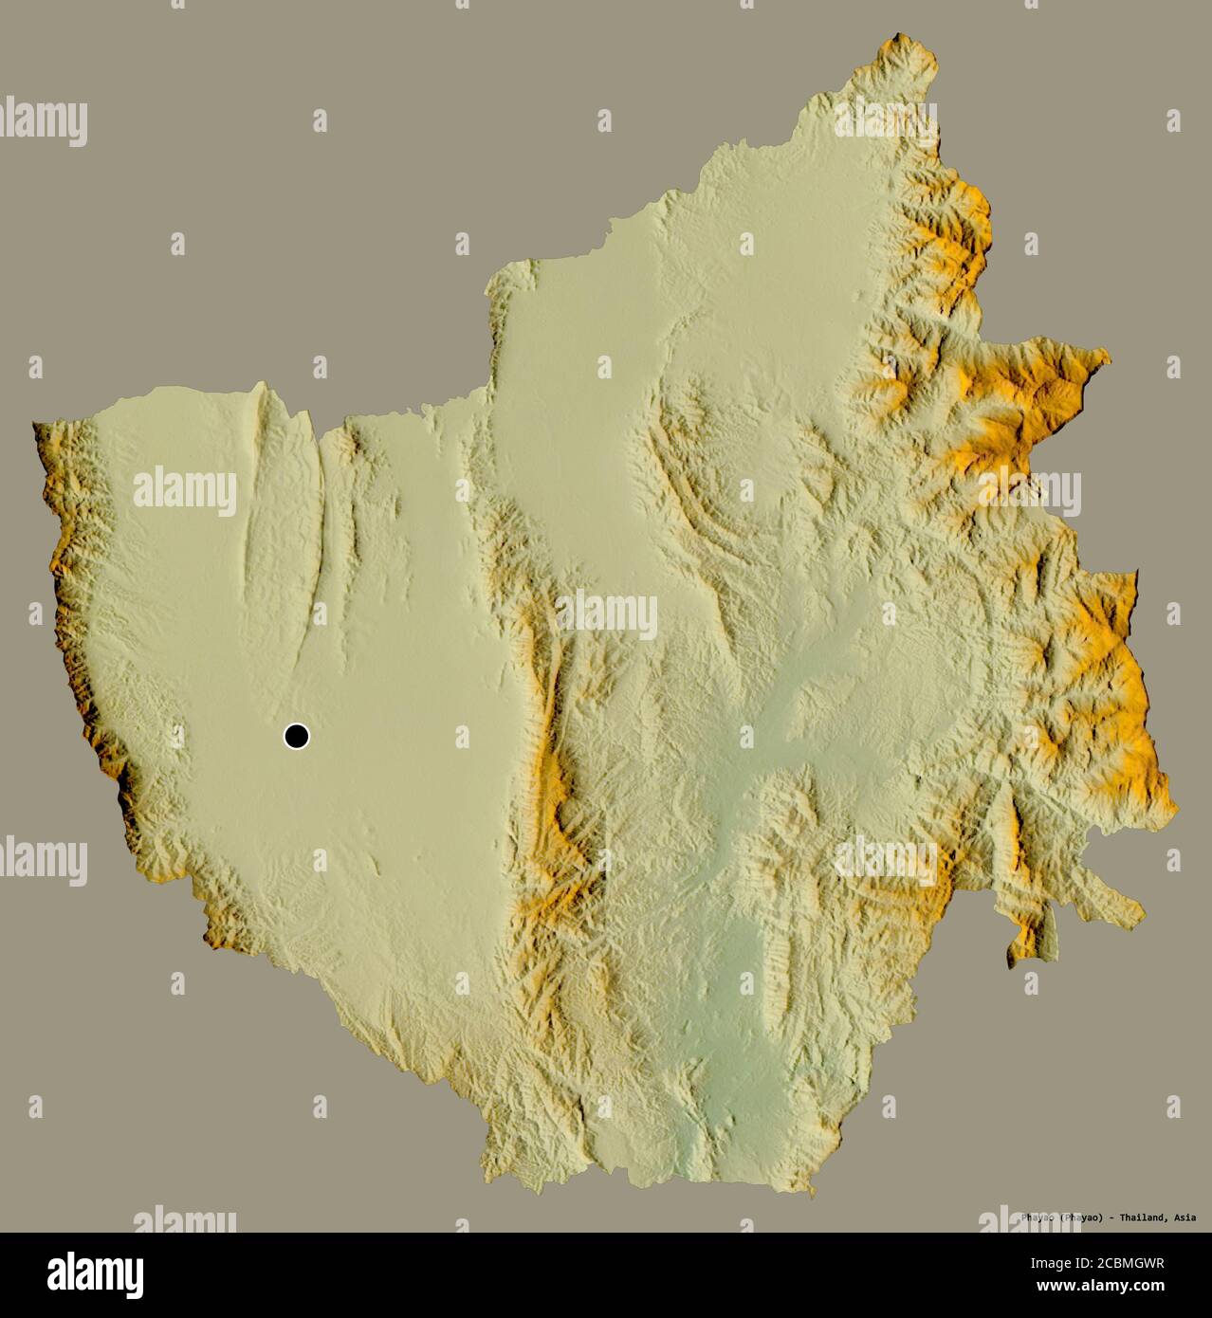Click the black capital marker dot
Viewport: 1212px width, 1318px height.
coord(297,736)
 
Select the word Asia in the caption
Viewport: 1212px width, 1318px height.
coord(1184,1217)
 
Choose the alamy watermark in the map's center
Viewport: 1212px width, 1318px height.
coord(607,615)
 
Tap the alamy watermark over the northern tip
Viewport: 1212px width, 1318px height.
coord(886,119)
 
